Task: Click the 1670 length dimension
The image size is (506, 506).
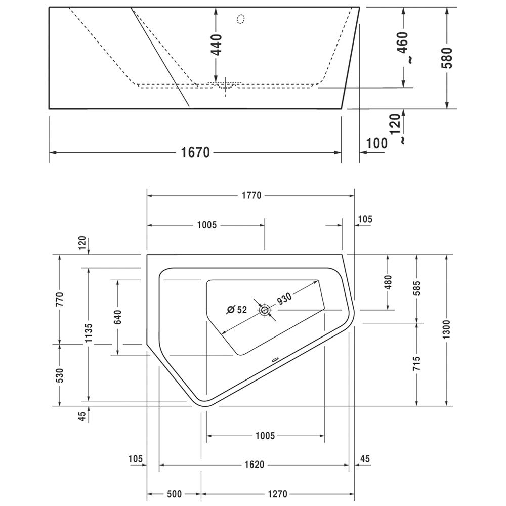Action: click(x=195, y=152)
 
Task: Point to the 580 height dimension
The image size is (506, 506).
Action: click(x=447, y=58)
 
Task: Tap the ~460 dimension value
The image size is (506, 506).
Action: click(x=403, y=47)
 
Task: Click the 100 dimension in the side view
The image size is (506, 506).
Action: click(x=376, y=143)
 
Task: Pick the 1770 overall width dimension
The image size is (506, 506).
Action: click(x=251, y=195)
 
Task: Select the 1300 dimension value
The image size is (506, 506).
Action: click(x=446, y=329)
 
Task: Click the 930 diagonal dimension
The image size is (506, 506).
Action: click(x=284, y=299)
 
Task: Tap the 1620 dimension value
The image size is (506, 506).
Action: click(x=255, y=465)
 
